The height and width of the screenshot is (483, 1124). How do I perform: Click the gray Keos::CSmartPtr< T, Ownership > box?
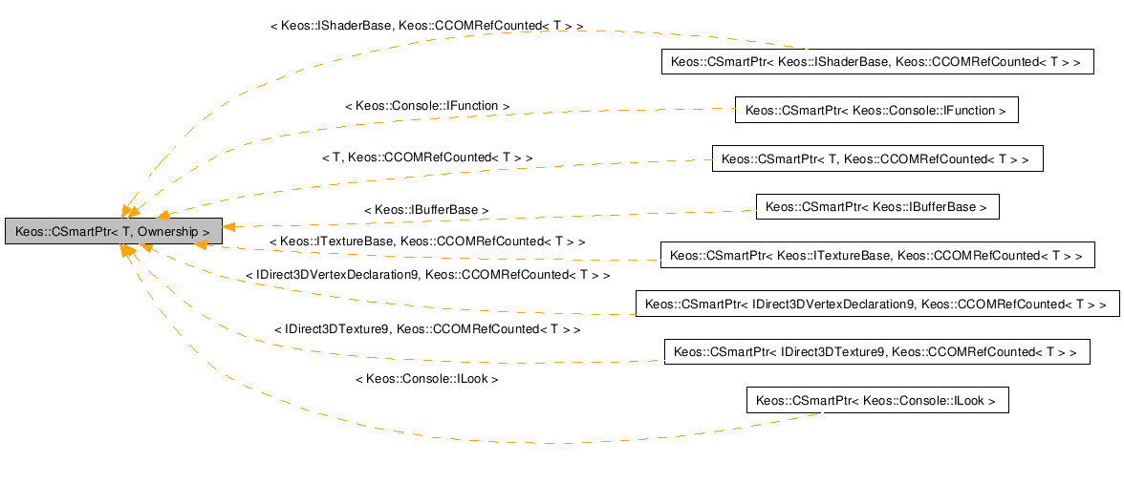coord(113,231)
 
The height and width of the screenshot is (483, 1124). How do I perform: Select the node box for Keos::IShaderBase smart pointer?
coord(875,62)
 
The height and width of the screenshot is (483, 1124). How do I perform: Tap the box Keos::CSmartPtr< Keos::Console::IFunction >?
coord(875,110)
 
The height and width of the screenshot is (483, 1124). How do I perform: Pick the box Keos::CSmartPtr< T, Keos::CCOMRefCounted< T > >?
coord(876,158)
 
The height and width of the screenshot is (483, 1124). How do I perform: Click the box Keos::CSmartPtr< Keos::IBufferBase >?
coord(876,206)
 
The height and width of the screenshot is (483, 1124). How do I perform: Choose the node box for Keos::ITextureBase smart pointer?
coord(875,255)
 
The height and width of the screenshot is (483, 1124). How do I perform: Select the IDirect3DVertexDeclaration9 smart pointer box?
coord(876,304)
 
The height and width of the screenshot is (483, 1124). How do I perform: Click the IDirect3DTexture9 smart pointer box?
coord(875,351)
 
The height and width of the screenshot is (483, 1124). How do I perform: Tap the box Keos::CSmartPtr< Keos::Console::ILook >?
coord(876,400)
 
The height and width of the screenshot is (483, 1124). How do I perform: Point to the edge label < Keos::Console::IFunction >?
coord(426,106)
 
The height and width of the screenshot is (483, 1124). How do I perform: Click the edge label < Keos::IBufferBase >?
coord(426,209)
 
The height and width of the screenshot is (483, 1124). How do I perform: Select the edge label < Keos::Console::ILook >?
coord(426,379)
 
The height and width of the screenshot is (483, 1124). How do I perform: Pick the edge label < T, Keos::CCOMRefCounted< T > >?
coord(426,157)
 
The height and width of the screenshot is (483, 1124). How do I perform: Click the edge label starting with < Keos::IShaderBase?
coord(426,27)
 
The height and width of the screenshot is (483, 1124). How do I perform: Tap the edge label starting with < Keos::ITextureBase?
coord(426,242)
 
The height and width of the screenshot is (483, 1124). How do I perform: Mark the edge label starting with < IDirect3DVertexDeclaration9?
coord(426,275)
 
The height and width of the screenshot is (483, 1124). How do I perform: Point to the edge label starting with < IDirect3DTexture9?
coord(426,328)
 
